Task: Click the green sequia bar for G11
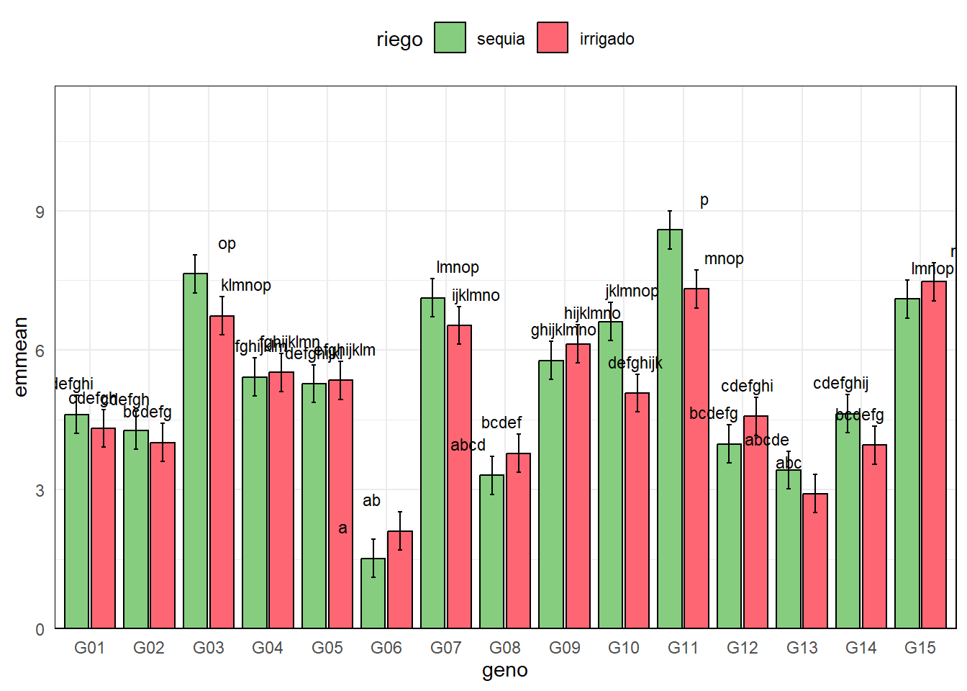(x=670, y=432)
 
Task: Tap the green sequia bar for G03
(x=195, y=453)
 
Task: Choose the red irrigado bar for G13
(x=815, y=561)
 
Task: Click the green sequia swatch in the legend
(x=450, y=38)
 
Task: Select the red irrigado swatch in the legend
(x=553, y=38)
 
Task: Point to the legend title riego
(x=399, y=39)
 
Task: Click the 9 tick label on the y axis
(x=40, y=212)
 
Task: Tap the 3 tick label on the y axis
(x=40, y=490)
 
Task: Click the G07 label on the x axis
(x=445, y=648)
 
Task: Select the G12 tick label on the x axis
(x=742, y=648)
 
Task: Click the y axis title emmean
(x=21, y=357)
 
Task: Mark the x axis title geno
(x=505, y=671)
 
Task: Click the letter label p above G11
(x=704, y=200)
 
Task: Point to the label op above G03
(x=227, y=244)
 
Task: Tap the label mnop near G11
(x=724, y=259)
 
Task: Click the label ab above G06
(x=371, y=500)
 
